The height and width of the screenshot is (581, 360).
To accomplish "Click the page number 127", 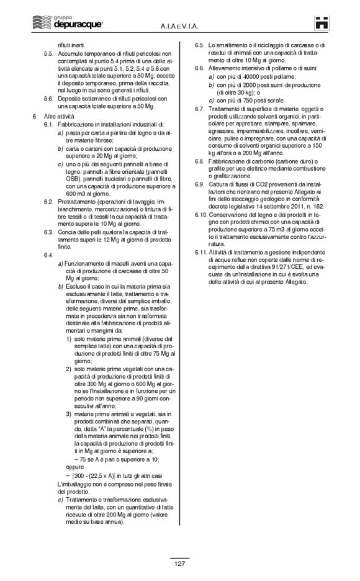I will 179,564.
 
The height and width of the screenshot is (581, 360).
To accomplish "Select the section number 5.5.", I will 48,54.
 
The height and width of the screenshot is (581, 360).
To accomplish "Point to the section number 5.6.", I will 48,98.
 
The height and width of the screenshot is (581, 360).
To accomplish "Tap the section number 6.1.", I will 48,125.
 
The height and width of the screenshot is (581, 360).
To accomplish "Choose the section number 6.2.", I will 48,202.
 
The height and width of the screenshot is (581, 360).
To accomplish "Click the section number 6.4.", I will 48,254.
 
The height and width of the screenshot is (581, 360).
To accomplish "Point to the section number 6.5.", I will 199,45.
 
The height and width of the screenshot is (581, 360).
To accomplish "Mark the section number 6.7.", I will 199,109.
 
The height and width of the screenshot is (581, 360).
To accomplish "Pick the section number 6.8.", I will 199,161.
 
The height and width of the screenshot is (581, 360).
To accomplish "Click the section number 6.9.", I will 199,184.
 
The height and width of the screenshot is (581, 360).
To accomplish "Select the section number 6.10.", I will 200,214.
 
